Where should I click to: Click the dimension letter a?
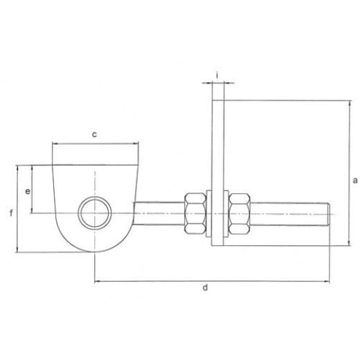pyautogui.click(x=355, y=180)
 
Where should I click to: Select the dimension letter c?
pyautogui.click(x=94, y=134)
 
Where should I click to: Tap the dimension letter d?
pyautogui.click(x=205, y=287)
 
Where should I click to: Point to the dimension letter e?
pyautogui.click(x=28, y=191)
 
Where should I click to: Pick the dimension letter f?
pyautogui.click(x=11, y=213)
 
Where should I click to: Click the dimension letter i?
pyautogui.click(x=217, y=75)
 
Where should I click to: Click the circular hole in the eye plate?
pyautogui.click(x=95, y=213)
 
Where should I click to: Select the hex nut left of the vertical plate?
pyautogui.click(x=195, y=213)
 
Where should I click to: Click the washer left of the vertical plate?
pyautogui.click(x=209, y=213)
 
